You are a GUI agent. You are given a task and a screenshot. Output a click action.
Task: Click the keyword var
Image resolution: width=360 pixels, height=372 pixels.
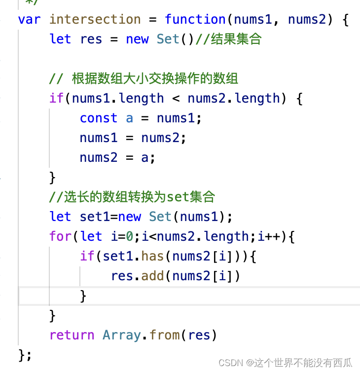29,20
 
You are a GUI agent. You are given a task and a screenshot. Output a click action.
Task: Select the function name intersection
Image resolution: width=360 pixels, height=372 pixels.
95,20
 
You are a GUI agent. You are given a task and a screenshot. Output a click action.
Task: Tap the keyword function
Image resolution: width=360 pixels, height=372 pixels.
195,20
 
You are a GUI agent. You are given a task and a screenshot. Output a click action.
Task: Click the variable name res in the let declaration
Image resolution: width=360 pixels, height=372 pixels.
91,39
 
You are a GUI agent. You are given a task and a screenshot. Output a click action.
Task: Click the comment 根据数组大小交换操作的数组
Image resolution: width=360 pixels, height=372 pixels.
155,79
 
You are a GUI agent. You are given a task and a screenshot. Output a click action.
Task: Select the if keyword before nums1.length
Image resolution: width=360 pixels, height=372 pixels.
57,99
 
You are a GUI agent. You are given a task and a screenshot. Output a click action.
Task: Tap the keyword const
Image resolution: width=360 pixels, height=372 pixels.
99,118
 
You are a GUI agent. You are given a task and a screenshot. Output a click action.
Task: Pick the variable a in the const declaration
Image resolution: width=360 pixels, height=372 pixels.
130,118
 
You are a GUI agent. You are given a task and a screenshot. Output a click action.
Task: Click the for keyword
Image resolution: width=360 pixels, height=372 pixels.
60,237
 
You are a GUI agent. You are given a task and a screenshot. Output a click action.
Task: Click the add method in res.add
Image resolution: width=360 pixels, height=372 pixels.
153,276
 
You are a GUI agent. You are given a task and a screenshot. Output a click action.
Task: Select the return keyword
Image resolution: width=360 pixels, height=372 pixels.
72,335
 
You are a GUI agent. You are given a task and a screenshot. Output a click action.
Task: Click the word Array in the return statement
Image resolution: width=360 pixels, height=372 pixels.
122,335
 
